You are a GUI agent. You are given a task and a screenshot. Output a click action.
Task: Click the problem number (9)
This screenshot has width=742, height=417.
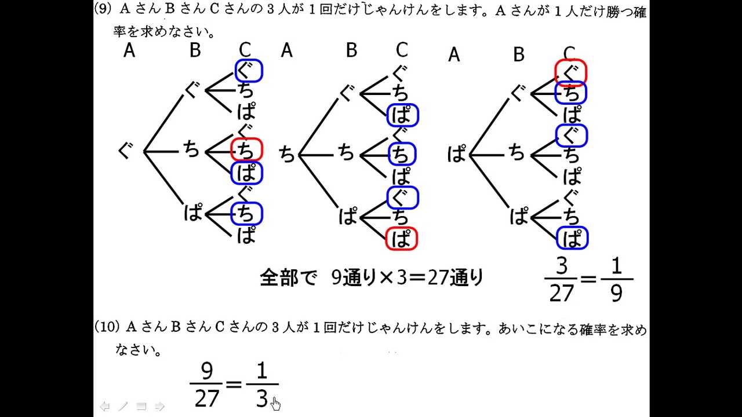click(105, 10)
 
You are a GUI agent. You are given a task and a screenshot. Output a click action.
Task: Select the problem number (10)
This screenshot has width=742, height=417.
click(107, 328)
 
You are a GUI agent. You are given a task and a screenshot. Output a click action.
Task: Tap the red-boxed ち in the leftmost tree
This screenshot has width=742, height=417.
click(246, 150)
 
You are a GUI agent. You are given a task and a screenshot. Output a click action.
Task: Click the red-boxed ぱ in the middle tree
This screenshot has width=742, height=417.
click(401, 238)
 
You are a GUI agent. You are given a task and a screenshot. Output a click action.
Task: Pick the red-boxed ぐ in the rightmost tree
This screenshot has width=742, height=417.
click(571, 72)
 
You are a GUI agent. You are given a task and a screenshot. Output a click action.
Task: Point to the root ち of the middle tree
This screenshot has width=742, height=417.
click(287, 154)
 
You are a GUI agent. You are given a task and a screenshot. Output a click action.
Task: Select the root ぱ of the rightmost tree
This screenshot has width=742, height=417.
click(457, 154)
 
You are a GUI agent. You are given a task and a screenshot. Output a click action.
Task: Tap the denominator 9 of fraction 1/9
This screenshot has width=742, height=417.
click(616, 293)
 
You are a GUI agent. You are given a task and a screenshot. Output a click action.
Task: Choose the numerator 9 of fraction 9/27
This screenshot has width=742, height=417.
click(206, 371)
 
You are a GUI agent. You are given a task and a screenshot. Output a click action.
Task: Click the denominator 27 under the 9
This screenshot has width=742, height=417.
click(206, 398)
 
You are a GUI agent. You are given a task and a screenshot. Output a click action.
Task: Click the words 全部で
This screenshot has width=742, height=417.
click(288, 279)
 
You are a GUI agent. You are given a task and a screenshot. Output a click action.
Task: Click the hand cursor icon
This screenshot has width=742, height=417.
click(276, 403)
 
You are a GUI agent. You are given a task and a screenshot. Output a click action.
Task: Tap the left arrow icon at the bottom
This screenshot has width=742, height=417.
click(105, 406)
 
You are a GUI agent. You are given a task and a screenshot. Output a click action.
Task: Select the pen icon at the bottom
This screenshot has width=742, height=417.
click(123, 406)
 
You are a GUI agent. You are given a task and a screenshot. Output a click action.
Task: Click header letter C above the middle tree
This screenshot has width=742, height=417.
click(402, 50)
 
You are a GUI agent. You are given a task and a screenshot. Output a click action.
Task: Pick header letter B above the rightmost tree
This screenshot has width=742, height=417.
click(519, 54)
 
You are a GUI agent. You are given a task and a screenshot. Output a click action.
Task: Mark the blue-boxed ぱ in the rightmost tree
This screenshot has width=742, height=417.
click(573, 238)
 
